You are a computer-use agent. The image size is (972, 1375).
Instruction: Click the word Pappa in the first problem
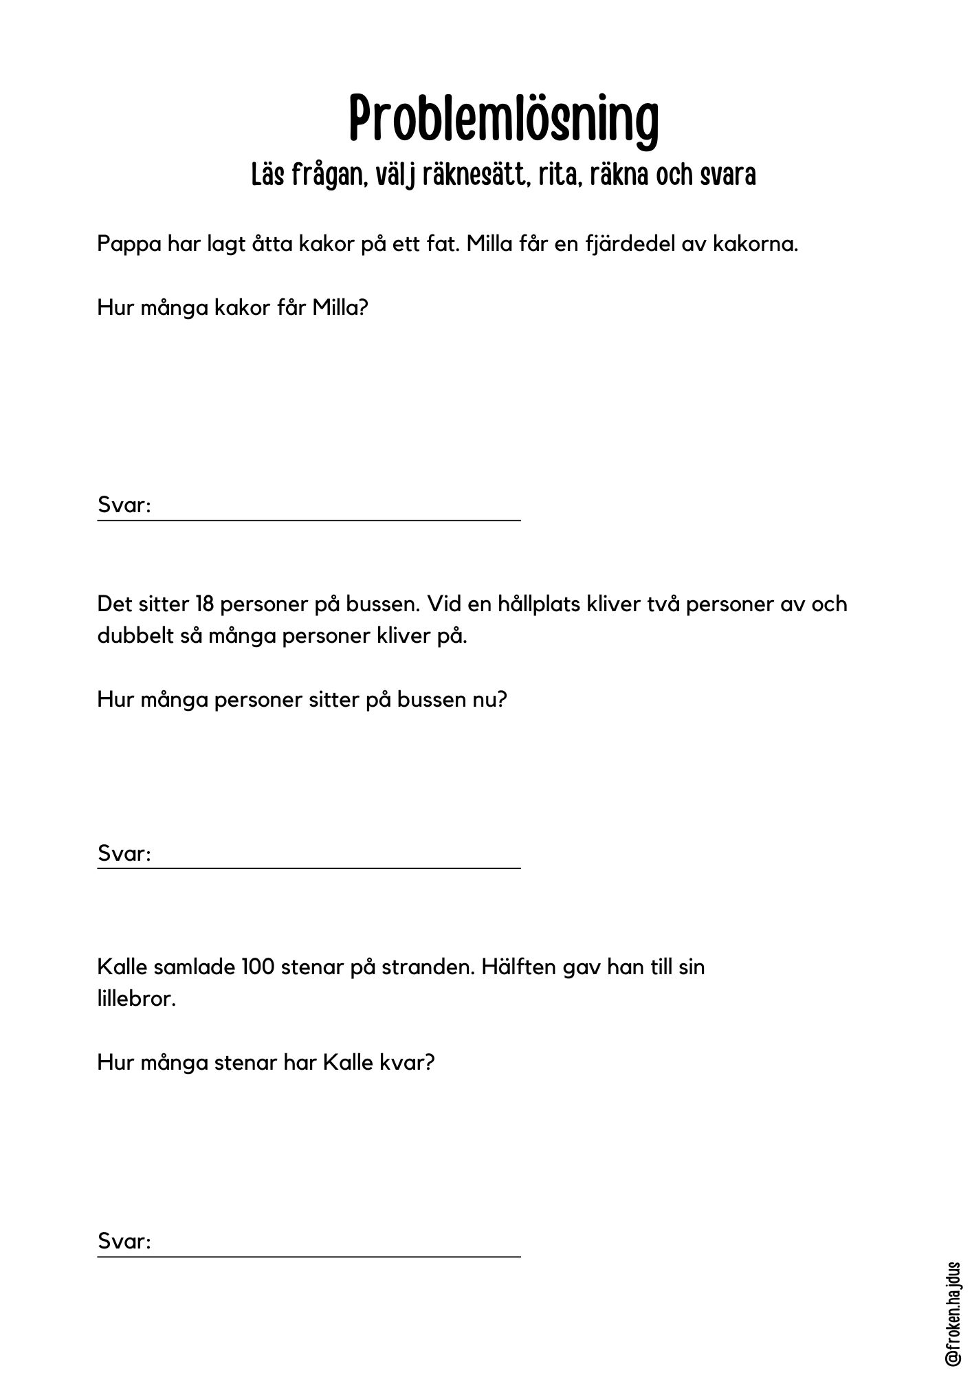128,245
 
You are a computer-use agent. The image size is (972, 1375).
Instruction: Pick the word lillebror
136,998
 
